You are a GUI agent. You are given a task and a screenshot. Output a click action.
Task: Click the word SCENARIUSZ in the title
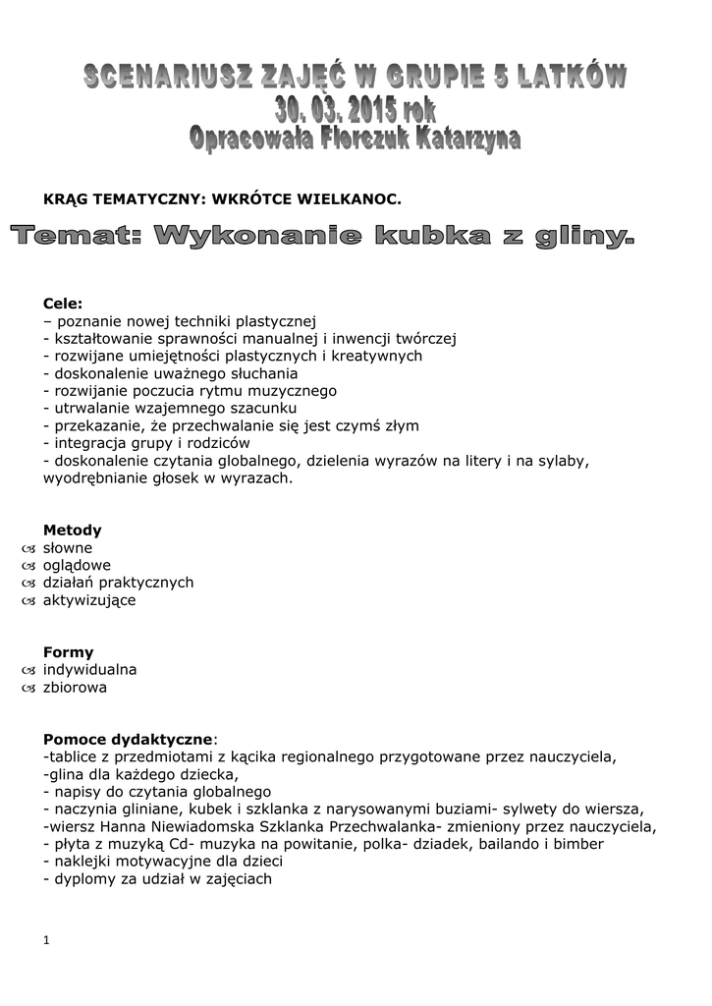tap(167, 77)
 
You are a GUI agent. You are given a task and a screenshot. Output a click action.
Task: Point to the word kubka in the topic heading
tap(428, 237)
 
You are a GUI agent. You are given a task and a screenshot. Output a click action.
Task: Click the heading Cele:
tap(63, 304)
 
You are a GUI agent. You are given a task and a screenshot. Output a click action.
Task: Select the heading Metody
tap(73, 530)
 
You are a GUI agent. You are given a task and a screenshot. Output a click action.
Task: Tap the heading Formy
tap(69, 651)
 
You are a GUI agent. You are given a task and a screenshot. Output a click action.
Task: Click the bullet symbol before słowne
tap(27, 548)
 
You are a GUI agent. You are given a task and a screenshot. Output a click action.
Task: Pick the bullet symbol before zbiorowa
tap(27, 688)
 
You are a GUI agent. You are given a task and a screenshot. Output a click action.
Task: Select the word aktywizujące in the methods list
tap(89, 600)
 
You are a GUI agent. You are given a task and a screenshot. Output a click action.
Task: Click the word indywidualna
tap(89, 670)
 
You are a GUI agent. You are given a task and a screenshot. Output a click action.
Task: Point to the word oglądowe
tap(77, 565)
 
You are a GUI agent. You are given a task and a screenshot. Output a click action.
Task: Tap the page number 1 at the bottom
tap(46, 940)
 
